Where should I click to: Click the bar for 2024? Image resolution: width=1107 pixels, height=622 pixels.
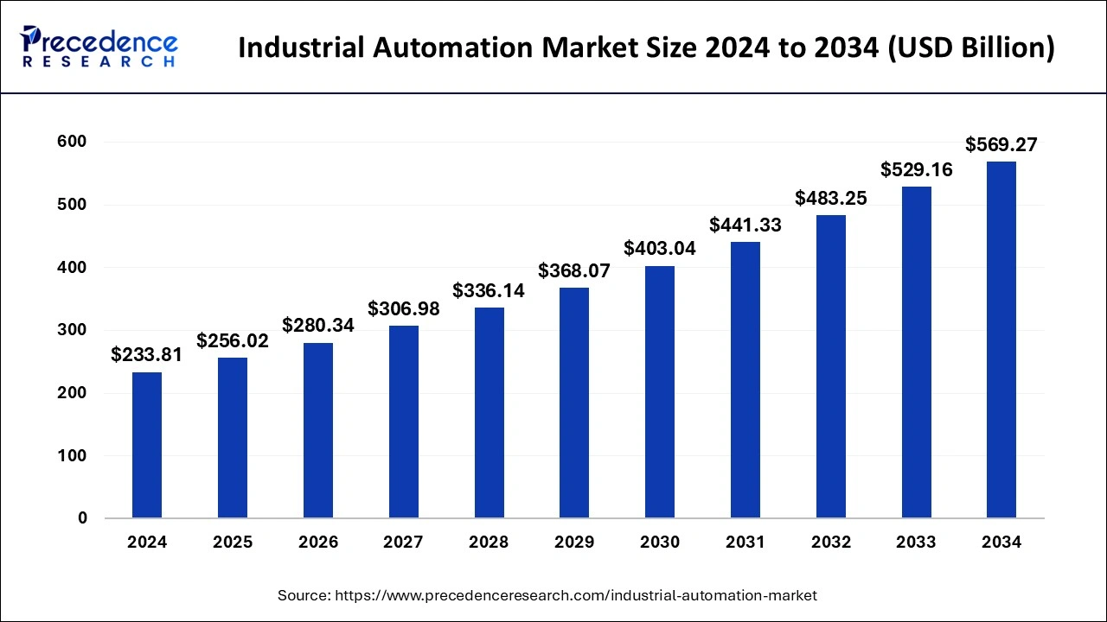click(147, 445)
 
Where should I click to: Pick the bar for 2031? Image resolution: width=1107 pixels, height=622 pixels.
click(745, 380)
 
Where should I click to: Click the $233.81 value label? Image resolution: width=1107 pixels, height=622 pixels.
click(147, 354)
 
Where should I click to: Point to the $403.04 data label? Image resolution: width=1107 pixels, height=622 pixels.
click(660, 249)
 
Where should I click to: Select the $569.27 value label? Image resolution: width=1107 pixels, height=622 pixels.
click(1001, 144)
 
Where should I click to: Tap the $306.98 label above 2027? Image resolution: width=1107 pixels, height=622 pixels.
click(404, 308)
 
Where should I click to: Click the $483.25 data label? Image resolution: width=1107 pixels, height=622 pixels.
click(830, 198)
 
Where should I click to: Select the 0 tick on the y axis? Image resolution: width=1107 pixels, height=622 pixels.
click(83, 518)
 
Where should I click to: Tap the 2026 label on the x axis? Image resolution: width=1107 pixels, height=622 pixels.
click(318, 543)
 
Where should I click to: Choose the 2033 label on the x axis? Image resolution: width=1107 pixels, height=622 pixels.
click(916, 543)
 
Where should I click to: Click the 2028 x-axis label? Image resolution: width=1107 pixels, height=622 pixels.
click(489, 543)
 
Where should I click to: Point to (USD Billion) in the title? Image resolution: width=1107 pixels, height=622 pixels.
click(969, 48)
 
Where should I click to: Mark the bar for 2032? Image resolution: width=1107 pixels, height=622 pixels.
click(830, 366)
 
